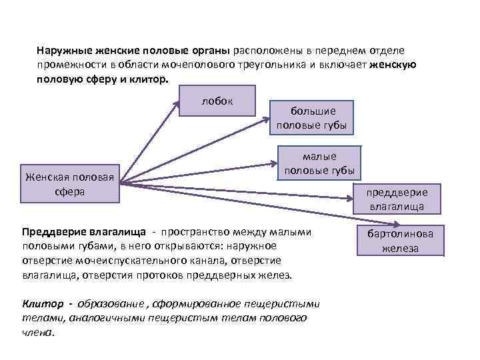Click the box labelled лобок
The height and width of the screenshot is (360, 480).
[218, 101]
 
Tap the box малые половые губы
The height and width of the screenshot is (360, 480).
[319, 163]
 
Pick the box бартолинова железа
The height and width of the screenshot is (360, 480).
[400, 241]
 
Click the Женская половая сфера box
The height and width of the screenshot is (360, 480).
[70, 183]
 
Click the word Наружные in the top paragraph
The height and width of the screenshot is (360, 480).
[58, 51]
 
